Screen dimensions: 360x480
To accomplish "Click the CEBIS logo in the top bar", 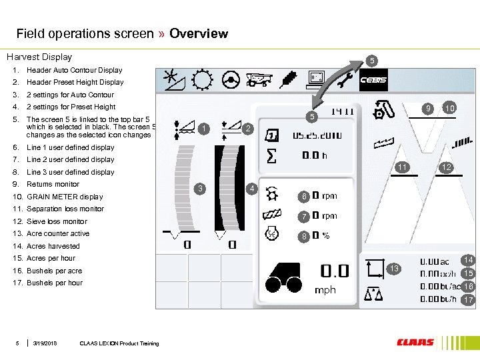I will point(373,81).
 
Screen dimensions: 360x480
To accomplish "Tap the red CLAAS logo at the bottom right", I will point(415,343).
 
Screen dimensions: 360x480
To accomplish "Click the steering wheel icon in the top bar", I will point(231,80).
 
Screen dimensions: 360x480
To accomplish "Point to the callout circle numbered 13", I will point(394,269).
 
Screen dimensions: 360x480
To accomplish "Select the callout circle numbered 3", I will point(202,189).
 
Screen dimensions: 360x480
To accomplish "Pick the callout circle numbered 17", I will point(469,300).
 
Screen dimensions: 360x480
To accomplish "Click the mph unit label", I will point(325,290).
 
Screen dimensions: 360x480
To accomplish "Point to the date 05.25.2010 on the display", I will point(317,135).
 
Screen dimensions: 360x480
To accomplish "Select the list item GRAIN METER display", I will point(64,197).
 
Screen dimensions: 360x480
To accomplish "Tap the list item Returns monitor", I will point(53,184).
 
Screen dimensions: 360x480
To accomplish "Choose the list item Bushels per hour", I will point(55,283).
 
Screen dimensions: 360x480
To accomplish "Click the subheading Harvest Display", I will point(39,57).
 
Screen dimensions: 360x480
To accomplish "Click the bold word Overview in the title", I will point(199,33).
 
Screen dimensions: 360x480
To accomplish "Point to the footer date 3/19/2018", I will point(45,343).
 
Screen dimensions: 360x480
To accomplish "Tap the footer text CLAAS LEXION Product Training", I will point(119,343).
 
